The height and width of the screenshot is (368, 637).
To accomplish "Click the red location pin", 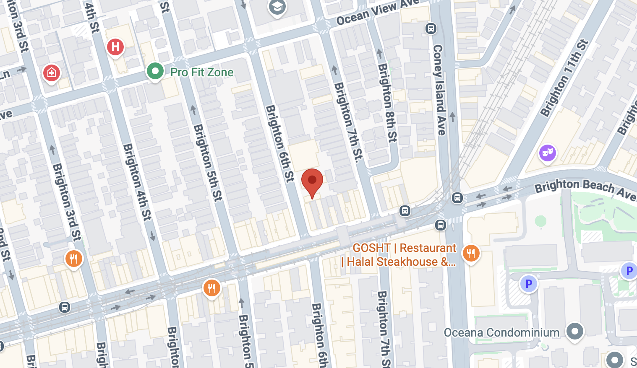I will [x=312, y=181].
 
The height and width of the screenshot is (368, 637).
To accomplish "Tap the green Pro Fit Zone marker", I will [x=155, y=71].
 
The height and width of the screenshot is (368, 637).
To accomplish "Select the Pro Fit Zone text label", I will [x=202, y=73].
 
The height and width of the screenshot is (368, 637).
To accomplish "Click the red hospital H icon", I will [x=115, y=47].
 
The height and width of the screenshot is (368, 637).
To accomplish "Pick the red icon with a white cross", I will [x=52, y=73].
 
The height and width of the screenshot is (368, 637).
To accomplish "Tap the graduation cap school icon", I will [x=277, y=6].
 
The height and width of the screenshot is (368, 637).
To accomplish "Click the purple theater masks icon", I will [x=547, y=153].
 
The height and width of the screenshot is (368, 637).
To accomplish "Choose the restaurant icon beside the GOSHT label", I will [x=471, y=253].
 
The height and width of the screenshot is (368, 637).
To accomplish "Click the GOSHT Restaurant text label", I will [x=399, y=255].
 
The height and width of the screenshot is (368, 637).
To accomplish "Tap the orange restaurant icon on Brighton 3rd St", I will [x=73, y=259].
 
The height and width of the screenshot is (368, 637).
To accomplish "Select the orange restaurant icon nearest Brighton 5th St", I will [x=211, y=288].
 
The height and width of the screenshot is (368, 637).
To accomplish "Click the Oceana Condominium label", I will [x=501, y=333].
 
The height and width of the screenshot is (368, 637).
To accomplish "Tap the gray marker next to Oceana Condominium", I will [x=574, y=331].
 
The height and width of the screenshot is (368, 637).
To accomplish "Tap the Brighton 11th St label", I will [x=564, y=78].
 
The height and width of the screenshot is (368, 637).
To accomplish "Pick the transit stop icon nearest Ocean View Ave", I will [x=431, y=29].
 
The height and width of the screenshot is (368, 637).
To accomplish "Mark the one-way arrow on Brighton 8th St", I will [x=379, y=54].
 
